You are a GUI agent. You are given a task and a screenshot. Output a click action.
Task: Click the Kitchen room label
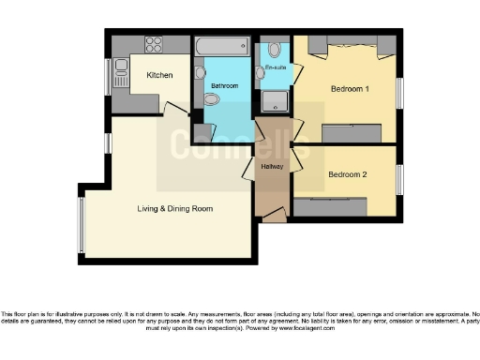[157, 75]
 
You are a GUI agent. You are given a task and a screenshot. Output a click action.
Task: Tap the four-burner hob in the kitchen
[153, 44]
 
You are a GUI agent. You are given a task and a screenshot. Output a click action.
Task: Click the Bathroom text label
[224, 86]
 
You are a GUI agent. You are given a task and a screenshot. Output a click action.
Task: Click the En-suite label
[275, 68]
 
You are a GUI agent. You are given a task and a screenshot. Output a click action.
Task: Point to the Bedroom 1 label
[349, 90]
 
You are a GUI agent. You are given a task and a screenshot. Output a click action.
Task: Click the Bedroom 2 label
[346, 174]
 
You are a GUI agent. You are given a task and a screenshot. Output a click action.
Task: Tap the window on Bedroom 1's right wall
[398, 92]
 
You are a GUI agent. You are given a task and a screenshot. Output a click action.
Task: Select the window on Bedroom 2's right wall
[398, 178]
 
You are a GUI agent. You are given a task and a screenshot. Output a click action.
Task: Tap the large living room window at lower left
[82, 225]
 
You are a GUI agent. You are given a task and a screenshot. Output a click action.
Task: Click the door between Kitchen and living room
[173, 109]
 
